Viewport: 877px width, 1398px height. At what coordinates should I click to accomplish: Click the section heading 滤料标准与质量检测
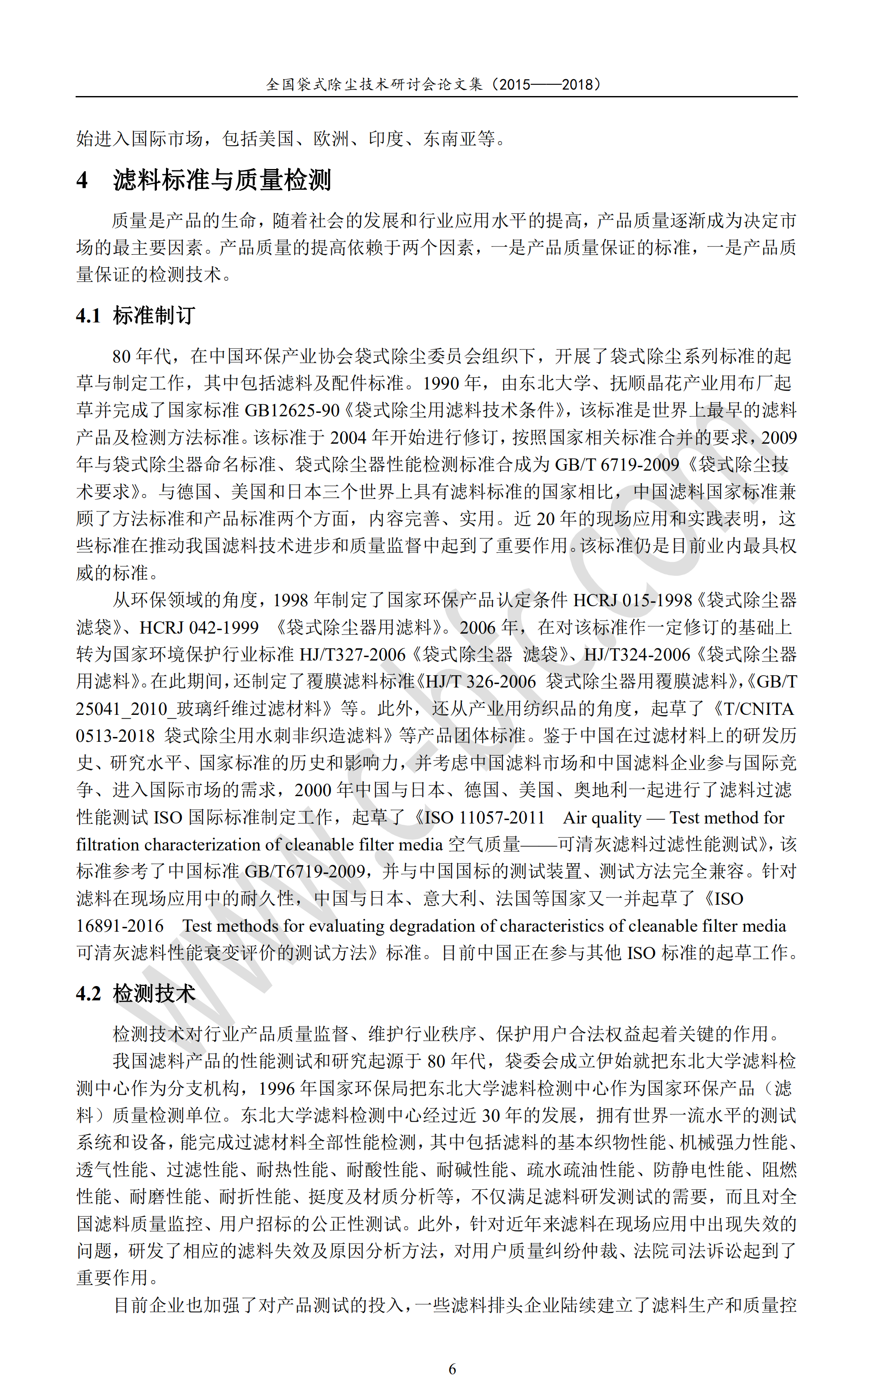click(222, 180)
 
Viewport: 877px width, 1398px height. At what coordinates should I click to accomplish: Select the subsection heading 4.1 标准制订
click(135, 315)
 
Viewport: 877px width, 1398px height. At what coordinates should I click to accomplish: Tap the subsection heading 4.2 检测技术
click(135, 993)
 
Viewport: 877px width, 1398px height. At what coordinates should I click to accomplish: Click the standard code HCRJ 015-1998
click(632, 600)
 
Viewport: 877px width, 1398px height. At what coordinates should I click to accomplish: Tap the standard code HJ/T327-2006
click(352, 654)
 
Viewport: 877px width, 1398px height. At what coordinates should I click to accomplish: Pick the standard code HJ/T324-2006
click(637, 654)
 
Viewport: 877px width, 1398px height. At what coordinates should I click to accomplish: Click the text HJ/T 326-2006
click(481, 682)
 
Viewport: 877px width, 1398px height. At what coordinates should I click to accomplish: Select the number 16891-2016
click(120, 926)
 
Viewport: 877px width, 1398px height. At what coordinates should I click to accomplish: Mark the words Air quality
click(602, 817)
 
